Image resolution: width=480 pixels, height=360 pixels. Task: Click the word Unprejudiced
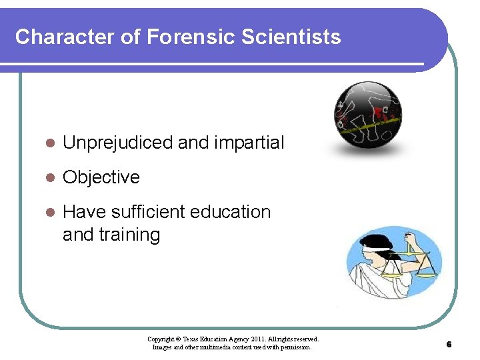(117, 143)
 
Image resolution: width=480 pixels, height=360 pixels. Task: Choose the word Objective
(101, 177)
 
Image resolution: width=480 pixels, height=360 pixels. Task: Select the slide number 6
(449, 345)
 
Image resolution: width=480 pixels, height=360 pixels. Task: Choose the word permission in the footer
(295, 347)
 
